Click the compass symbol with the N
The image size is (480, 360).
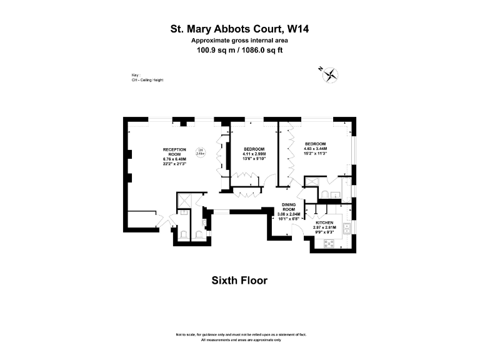coord(330,75)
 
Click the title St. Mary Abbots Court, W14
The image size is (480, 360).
coord(240,29)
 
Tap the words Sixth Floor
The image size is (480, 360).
coord(240,281)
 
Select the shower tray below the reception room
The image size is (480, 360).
coord(184,200)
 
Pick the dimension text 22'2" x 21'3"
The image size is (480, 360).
coord(175,164)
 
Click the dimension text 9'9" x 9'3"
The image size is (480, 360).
coord(324,232)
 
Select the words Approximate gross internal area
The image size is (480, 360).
coord(240,40)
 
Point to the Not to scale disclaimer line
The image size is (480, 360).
coord(240,335)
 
